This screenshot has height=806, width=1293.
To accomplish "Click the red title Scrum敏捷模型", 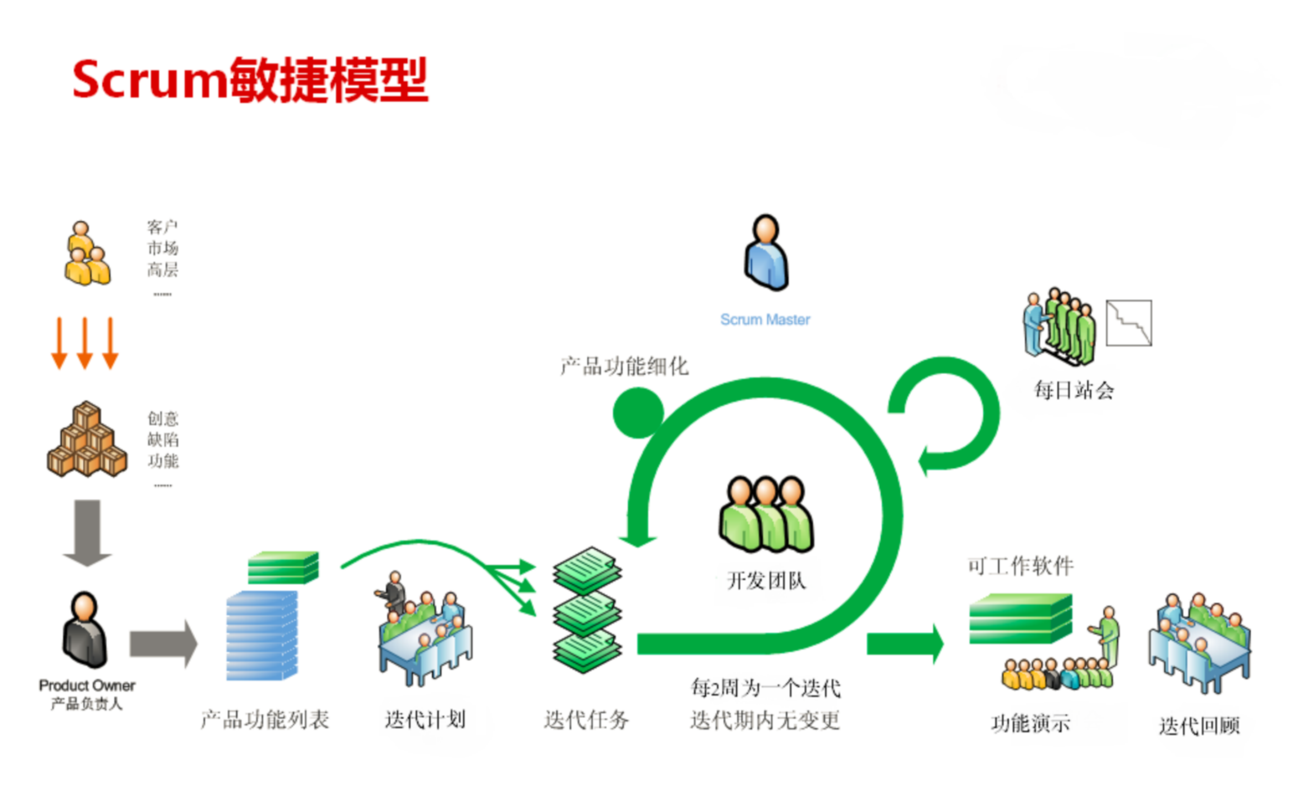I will coord(250,80).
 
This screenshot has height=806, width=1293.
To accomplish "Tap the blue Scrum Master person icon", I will coord(765,253).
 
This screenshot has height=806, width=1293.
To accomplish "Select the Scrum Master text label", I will coord(765,320).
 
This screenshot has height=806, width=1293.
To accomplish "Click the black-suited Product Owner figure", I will coord(85,630).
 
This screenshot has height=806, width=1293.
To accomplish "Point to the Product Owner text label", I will coord(87,686).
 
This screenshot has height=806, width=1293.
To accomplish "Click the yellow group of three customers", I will coord(87,254).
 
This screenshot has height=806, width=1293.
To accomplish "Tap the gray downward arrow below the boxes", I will coord(87,532).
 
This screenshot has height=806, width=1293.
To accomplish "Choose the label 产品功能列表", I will coord(265,720).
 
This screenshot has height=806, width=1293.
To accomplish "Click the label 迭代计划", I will coord(425,720).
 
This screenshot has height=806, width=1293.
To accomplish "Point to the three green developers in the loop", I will coord(765,514).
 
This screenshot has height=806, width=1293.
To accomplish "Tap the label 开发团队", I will coord(765,580).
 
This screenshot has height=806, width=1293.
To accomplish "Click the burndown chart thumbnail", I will coord(1128,323).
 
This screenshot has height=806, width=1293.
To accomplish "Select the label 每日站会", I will coord(1073,390).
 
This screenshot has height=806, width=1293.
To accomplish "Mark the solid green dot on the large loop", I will coord(638,413).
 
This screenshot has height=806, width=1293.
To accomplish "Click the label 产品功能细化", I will coord(624,366).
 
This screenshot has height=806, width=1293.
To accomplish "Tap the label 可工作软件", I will coord(1020,566).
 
